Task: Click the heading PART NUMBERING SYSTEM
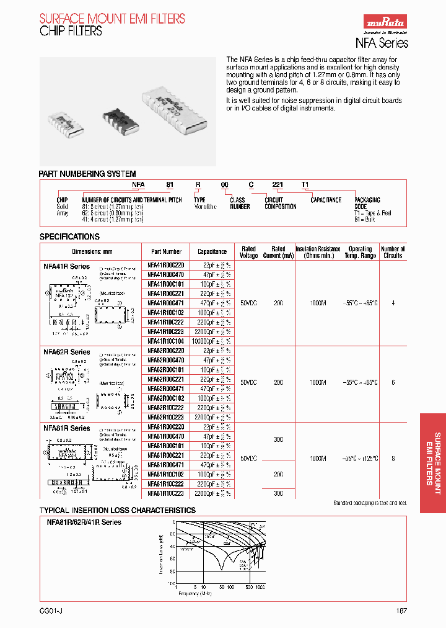point(87,174)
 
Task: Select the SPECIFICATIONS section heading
point(69,237)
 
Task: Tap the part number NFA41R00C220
point(166,265)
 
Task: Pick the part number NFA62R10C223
point(166,417)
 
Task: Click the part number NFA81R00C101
point(166,446)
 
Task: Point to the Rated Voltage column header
point(248,252)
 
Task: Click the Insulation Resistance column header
point(318,252)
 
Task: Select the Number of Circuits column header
point(393,252)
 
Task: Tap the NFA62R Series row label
point(67,352)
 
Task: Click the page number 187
point(401,611)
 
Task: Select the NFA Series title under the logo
point(381,43)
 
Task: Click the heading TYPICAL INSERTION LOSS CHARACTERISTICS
point(118,511)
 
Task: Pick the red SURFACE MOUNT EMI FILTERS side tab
point(433,459)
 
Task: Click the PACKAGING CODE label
point(367,204)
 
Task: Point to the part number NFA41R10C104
point(166,341)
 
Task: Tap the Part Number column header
point(167,252)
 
